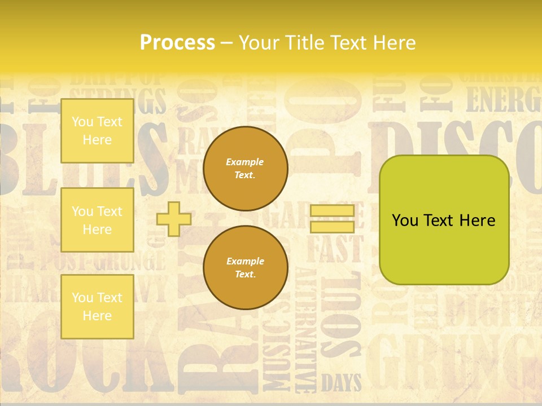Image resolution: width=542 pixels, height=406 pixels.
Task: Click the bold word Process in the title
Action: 177,42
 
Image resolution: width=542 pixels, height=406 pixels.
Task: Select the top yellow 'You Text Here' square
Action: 97,131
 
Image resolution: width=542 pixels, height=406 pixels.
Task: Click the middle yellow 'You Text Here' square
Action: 97,220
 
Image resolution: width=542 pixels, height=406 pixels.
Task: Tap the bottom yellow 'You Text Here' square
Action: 97,306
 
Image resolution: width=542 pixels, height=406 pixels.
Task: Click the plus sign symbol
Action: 173,219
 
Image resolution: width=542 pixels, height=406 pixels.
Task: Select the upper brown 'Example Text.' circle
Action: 245,169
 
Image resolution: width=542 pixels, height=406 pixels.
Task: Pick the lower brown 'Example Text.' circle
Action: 245,268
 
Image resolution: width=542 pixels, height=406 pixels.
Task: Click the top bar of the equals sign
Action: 332,211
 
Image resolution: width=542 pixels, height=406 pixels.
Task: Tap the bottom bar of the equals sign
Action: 332,227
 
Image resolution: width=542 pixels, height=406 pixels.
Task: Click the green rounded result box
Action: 444,220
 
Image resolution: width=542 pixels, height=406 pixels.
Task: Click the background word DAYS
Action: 341,383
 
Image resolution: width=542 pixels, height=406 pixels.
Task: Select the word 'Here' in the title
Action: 394,42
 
